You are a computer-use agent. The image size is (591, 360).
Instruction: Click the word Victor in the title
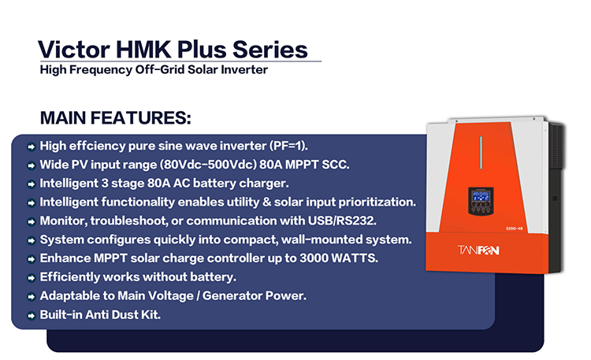pyautogui.click(x=74, y=50)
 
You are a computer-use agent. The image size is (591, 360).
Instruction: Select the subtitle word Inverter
pyautogui.click(x=244, y=69)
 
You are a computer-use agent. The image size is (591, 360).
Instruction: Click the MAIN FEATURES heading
pyautogui.click(x=115, y=117)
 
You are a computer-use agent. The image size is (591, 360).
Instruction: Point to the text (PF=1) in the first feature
pyautogui.click(x=288, y=146)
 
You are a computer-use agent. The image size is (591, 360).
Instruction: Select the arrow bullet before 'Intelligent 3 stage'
pyautogui.click(x=32, y=184)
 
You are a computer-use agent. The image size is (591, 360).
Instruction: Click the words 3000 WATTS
pyautogui.click(x=339, y=258)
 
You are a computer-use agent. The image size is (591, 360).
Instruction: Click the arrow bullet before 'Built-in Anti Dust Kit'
pyautogui.click(x=32, y=316)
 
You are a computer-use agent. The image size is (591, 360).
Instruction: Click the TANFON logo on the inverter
pyautogui.click(x=478, y=250)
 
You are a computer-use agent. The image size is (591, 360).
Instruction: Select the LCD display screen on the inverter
pyautogui.click(x=481, y=196)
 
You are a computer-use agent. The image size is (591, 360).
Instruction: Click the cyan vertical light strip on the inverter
pyautogui.click(x=481, y=152)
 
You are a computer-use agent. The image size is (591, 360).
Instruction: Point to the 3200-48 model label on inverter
pyautogui.click(x=514, y=228)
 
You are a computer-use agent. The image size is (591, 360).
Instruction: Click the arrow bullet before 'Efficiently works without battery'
pyautogui.click(x=32, y=278)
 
